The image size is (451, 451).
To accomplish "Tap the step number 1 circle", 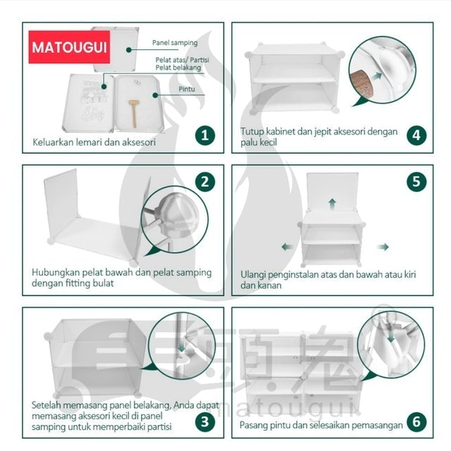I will [204, 135].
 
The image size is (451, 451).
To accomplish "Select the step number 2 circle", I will [204, 182].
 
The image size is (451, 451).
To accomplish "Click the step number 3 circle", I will [204, 422].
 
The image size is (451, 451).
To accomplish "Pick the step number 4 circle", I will [417, 135].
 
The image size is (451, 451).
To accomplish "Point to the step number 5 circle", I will [417, 182].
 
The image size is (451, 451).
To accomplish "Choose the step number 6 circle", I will [417, 422].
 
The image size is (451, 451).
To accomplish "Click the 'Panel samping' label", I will [175, 43].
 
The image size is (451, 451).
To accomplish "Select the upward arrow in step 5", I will [332, 203].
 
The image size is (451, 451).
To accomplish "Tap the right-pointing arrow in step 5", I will [383, 247].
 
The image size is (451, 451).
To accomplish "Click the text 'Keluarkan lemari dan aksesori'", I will [94, 142].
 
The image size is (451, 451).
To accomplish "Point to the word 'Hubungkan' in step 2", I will [57, 272].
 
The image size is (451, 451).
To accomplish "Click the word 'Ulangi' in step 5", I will [254, 274].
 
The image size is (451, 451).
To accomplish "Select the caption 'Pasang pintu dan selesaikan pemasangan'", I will [321, 425].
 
